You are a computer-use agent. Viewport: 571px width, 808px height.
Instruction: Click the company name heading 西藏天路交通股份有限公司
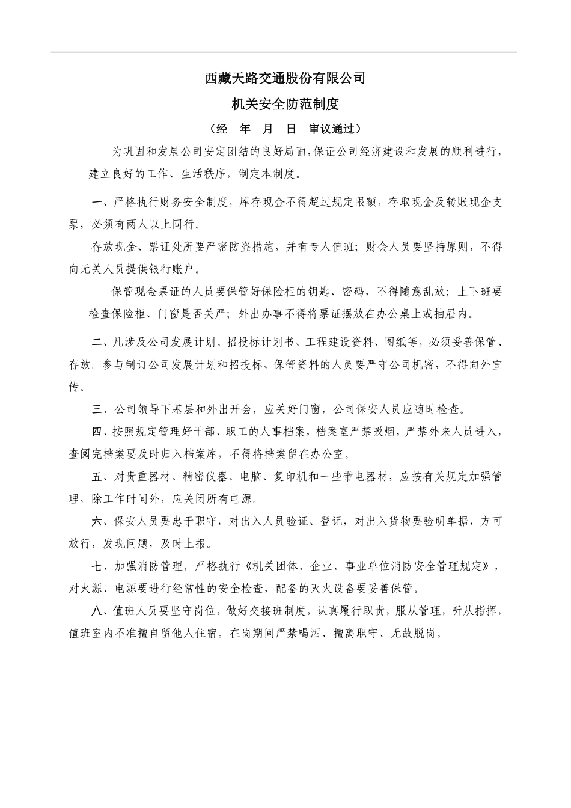click(x=285, y=78)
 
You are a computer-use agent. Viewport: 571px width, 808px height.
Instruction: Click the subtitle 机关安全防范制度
click(x=285, y=105)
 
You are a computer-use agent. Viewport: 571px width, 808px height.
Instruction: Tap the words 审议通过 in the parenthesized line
click(x=331, y=129)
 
